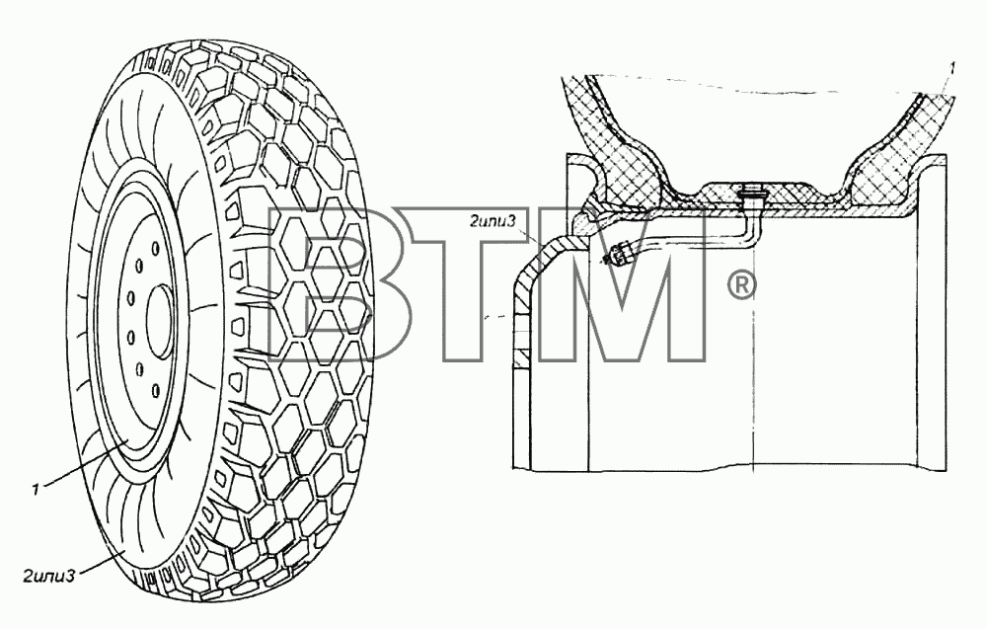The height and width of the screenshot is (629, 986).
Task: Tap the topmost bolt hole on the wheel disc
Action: (x=138, y=266)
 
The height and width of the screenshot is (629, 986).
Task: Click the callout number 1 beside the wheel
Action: (x=37, y=488)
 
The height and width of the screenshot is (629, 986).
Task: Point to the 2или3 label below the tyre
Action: (x=49, y=575)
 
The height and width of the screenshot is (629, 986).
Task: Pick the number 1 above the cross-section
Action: (x=952, y=70)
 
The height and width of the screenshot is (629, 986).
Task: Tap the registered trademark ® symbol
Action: (x=742, y=286)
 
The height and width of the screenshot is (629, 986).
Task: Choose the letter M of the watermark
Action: (x=626, y=284)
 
